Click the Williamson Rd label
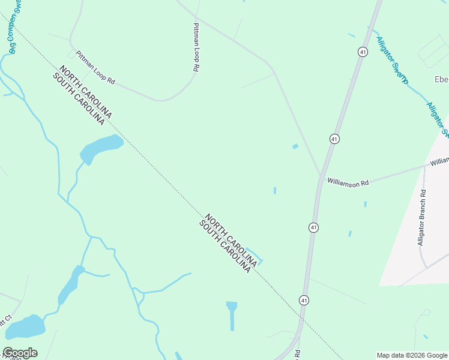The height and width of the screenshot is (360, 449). [x=348, y=182]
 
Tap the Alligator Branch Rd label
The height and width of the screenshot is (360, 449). [x=422, y=218]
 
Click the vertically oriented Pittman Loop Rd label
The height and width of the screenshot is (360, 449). [x=196, y=48]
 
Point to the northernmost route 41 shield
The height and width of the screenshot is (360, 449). [x=363, y=52]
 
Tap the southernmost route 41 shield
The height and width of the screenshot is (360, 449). [x=304, y=299]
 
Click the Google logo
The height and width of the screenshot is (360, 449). [x=20, y=353]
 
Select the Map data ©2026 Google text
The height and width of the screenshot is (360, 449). [x=412, y=355]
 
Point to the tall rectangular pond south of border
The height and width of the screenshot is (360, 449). [x=232, y=315]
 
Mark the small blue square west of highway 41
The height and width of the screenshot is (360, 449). [x=295, y=146]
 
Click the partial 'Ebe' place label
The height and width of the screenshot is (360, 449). [x=441, y=80]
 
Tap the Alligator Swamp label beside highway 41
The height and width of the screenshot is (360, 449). [x=392, y=61]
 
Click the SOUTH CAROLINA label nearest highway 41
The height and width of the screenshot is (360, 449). [x=224, y=247]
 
